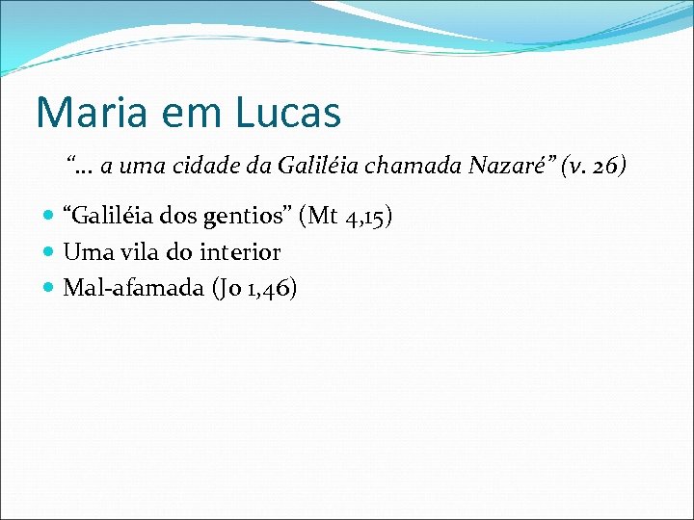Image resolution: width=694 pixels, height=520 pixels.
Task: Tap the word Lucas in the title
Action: coord(286,112)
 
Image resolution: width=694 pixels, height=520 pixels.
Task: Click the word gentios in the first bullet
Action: coord(258,217)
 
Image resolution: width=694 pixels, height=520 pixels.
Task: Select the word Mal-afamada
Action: coord(128,287)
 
